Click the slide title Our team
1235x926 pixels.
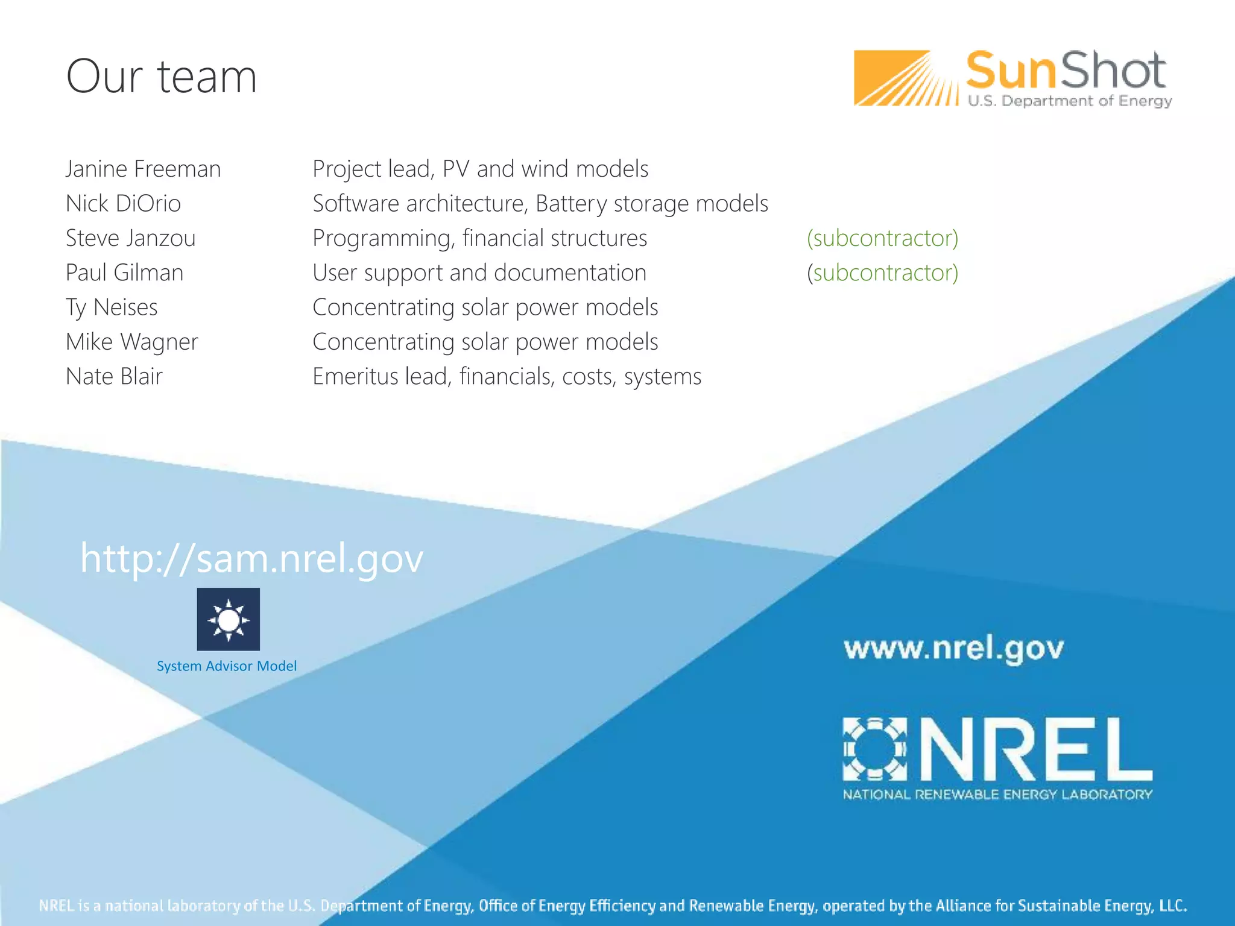(162, 77)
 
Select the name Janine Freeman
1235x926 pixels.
(143, 169)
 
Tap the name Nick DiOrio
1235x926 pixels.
(123, 204)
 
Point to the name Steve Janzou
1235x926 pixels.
(130, 238)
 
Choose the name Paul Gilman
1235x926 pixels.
(124, 272)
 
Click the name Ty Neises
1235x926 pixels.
(112, 307)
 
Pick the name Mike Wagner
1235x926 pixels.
(131, 342)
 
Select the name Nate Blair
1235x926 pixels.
(114, 376)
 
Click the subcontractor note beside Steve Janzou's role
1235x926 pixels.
(882, 238)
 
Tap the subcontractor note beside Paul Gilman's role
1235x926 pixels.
(882, 272)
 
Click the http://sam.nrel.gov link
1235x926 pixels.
(251, 558)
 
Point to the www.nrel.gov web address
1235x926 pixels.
(953, 649)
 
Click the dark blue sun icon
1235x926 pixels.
(228, 619)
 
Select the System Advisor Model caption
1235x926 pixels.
(227, 666)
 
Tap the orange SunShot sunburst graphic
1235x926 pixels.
(905, 78)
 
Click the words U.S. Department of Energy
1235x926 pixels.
(1069, 101)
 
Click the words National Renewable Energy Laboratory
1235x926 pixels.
(997, 795)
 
